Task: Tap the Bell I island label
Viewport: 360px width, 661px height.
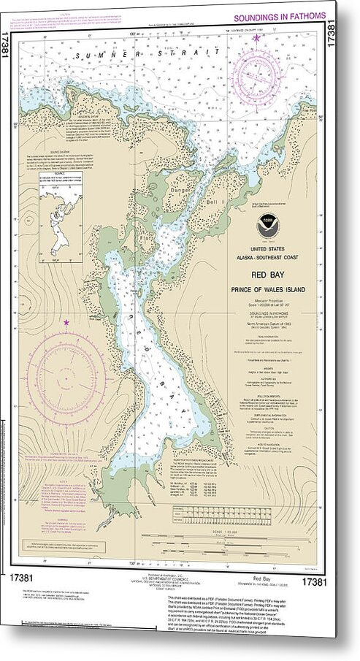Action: click(x=219, y=178)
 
